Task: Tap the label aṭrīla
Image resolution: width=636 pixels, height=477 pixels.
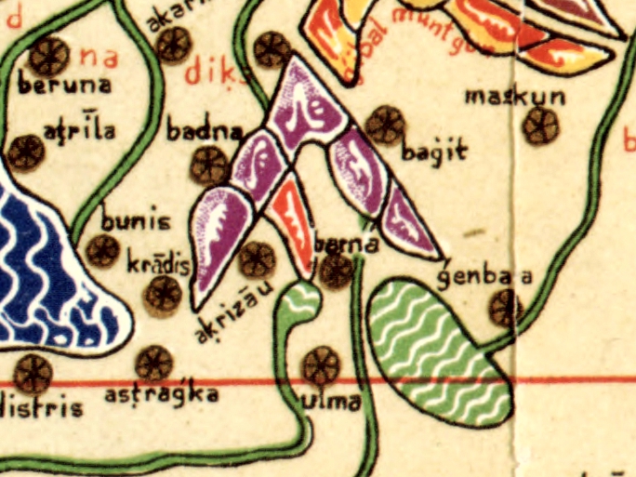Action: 80,130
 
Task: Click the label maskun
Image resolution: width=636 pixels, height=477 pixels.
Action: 502,97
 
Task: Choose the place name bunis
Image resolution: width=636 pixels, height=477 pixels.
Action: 137,223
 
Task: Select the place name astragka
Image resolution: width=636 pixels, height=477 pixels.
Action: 162,395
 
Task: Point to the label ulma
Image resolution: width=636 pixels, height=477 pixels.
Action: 331,404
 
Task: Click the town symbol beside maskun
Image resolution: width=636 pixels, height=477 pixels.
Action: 539,126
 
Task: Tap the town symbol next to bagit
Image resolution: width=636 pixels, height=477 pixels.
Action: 385,125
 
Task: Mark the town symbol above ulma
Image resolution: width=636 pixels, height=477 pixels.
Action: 322,364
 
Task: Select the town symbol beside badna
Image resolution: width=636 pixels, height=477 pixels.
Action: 208,166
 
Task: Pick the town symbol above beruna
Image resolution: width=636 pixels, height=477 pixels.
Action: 48,56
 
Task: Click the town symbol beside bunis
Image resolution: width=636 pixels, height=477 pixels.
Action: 102,250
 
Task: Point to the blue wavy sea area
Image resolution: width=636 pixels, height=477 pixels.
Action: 46,279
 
